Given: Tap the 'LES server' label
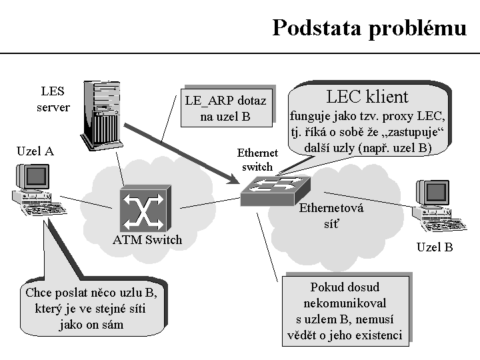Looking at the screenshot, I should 53,99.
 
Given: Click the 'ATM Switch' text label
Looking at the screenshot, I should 147,240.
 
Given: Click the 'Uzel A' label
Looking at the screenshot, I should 35,151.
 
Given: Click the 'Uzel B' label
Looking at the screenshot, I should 435,247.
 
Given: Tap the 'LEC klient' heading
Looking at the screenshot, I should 367,97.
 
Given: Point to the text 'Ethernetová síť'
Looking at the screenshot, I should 331,215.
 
